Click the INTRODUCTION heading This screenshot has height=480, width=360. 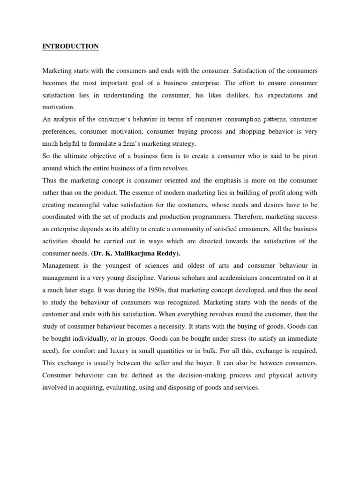tap(71, 46)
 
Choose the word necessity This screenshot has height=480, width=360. tap(182, 327)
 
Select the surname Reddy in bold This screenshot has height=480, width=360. tap(170, 254)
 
